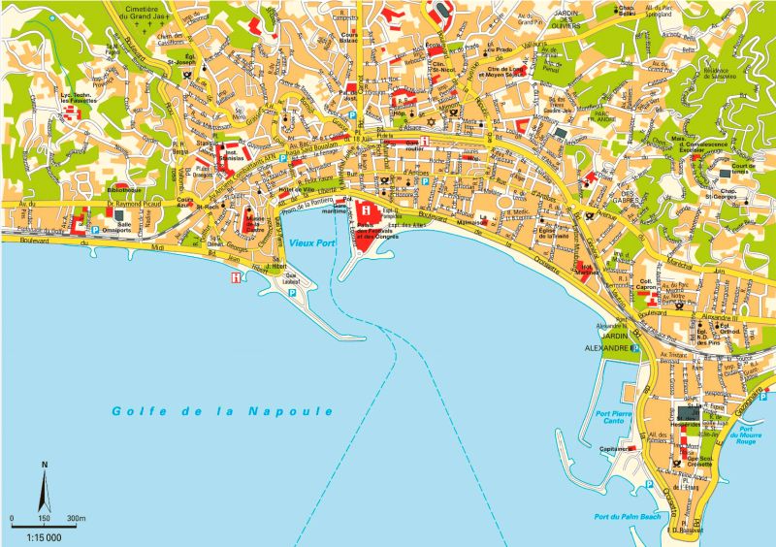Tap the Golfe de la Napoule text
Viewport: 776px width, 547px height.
[x=222, y=411]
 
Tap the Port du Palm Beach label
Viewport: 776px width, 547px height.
[x=625, y=518]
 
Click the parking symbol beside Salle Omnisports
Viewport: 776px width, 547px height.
[x=96, y=230]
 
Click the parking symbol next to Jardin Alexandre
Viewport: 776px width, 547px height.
[x=635, y=346]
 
